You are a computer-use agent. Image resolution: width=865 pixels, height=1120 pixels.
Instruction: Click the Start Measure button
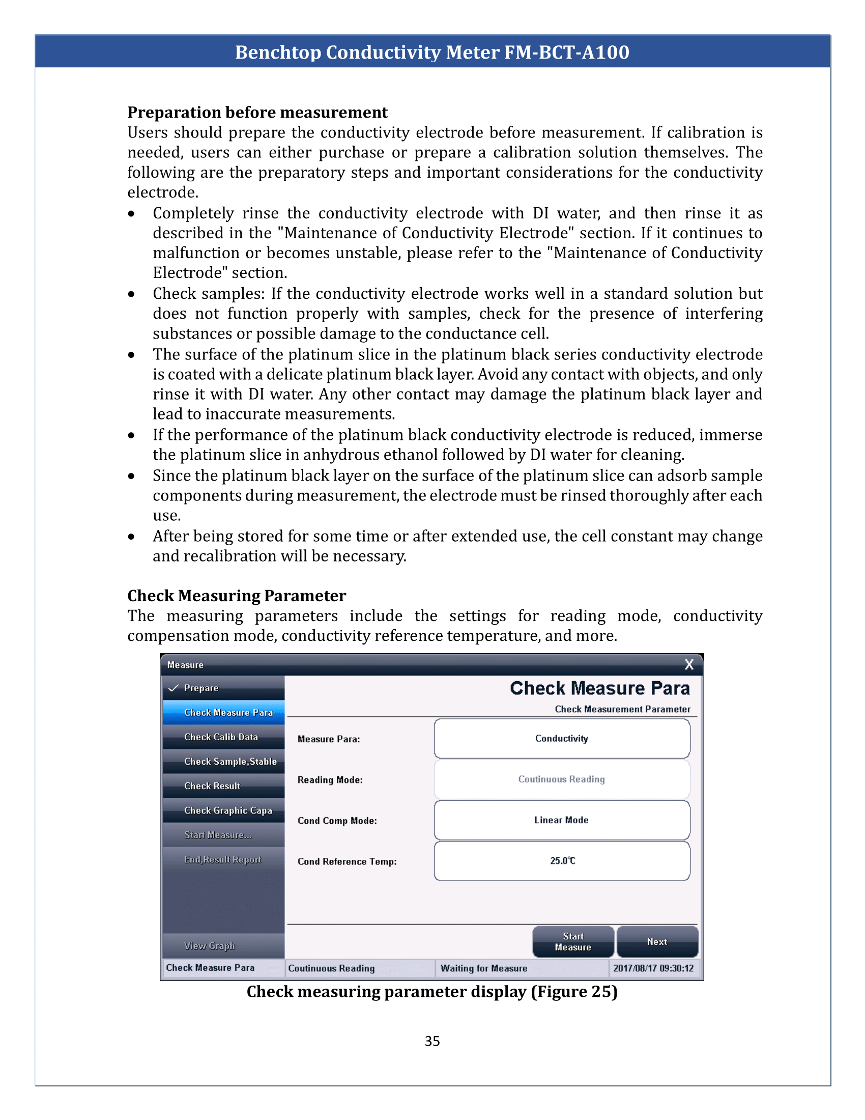pos(573,941)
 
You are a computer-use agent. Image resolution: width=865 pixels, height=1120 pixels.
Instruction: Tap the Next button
pos(657,941)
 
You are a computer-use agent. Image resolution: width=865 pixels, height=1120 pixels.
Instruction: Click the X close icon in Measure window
pos(689,664)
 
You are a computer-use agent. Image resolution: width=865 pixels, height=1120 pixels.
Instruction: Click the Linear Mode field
pos(562,820)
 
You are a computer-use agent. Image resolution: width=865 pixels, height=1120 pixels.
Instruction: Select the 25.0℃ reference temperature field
pos(562,860)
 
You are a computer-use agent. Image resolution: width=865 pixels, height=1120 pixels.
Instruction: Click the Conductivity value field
pos(562,739)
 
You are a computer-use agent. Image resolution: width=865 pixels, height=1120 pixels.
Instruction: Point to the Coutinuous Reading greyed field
pos(562,779)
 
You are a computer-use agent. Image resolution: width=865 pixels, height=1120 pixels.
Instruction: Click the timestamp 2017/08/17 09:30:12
pos(653,968)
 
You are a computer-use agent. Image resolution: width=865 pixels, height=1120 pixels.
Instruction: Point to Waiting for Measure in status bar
pos(484,968)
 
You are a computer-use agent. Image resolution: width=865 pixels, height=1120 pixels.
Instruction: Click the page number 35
pos(432,1041)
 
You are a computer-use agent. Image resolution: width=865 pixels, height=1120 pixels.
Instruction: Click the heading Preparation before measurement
pos(257,113)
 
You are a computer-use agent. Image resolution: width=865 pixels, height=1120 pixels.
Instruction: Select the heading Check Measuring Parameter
pos(236,596)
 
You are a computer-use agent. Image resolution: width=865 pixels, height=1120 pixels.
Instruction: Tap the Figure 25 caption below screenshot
pos(432,992)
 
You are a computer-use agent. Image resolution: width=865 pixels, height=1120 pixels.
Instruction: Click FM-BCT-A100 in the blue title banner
pos(566,52)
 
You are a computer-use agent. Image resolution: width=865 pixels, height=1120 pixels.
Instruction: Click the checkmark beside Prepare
pos(173,688)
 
